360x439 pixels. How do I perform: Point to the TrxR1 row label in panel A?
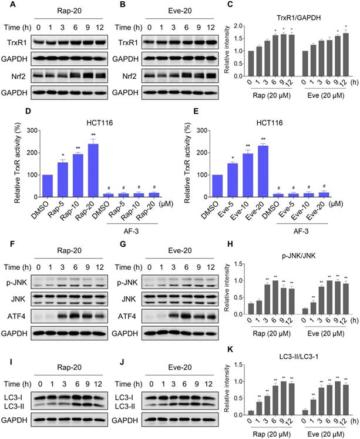pos(16,42)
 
